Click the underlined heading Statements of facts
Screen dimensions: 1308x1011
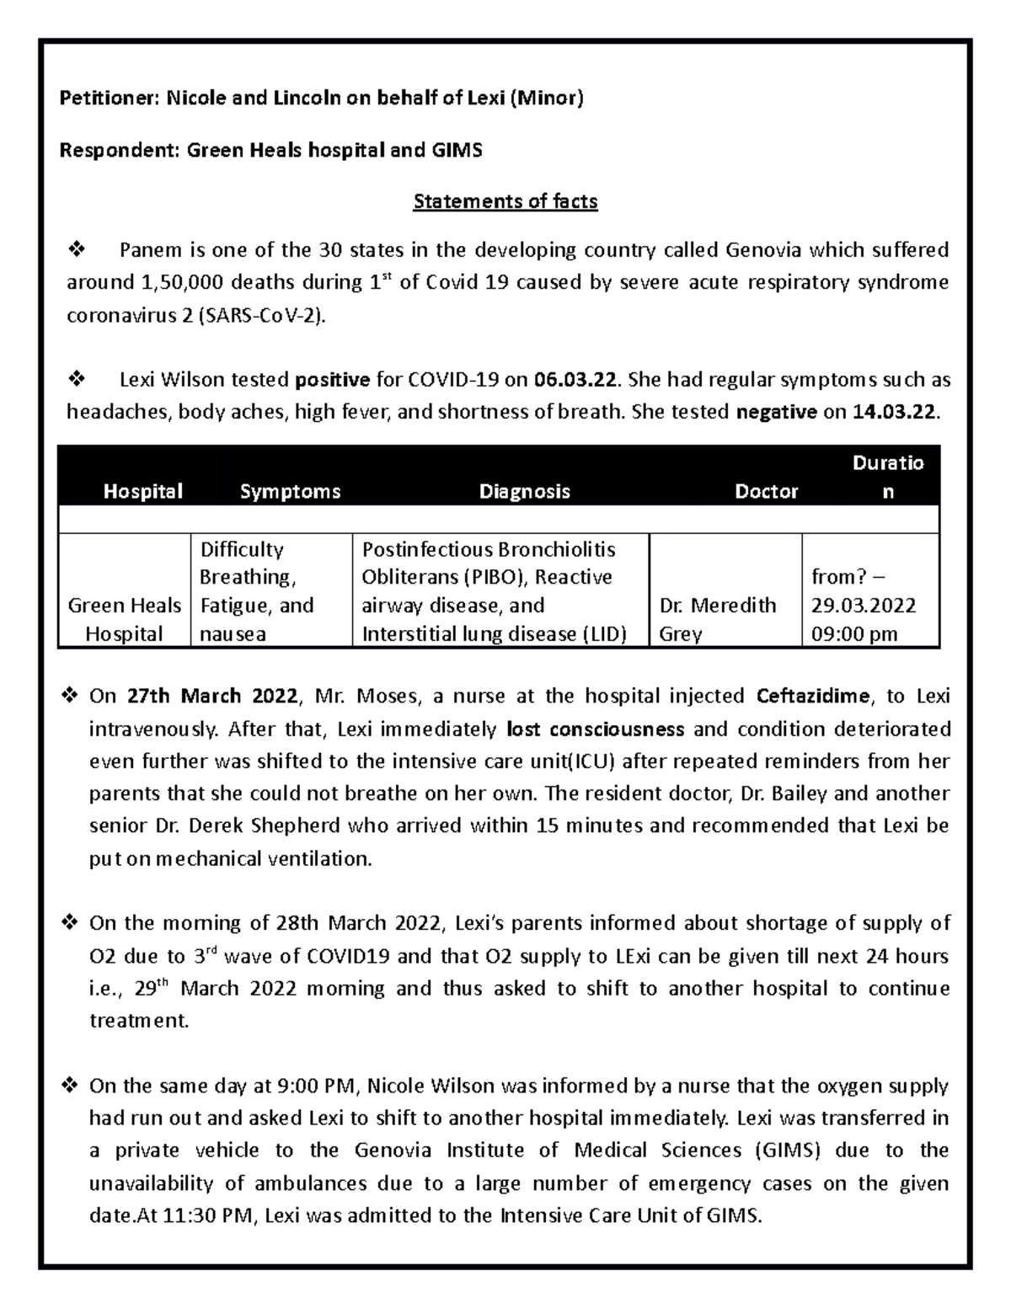(x=505, y=202)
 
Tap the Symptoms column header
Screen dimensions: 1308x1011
(x=290, y=492)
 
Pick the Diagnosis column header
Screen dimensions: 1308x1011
(x=524, y=492)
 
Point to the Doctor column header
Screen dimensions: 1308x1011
(x=766, y=492)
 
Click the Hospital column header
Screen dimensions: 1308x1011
(x=142, y=492)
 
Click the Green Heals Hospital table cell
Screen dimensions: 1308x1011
(x=124, y=619)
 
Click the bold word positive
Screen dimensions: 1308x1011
(x=332, y=380)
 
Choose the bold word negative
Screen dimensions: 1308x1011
(x=777, y=413)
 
